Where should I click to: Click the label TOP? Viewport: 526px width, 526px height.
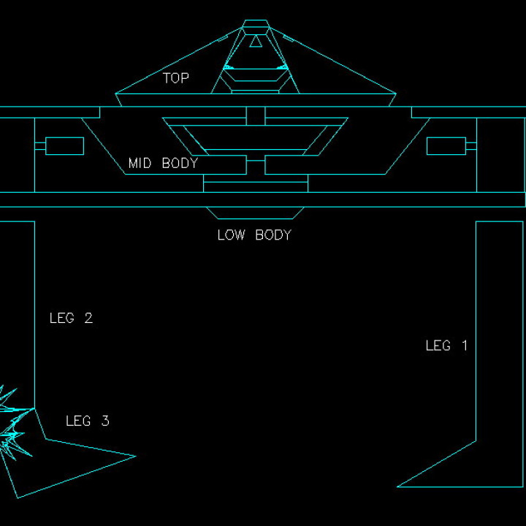click(x=175, y=78)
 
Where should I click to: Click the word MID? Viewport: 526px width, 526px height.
click(x=140, y=163)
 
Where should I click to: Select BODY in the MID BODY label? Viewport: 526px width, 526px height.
click(x=180, y=163)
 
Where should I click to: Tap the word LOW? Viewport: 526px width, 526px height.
click(x=231, y=235)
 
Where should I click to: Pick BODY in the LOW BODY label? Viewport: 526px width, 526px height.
click(x=273, y=235)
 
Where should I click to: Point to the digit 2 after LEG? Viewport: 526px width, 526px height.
click(x=88, y=318)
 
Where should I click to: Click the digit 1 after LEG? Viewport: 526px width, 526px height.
click(x=463, y=346)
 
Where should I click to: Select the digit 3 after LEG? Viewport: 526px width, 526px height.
click(x=105, y=421)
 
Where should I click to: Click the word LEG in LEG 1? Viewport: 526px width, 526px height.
click(x=438, y=346)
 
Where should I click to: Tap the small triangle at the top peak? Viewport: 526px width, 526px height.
click(x=255, y=42)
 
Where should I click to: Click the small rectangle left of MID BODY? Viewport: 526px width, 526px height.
click(x=64, y=146)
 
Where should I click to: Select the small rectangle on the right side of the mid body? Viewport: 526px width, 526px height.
click(x=446, y=146)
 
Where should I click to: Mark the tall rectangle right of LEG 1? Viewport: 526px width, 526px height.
click(x=500, y=329)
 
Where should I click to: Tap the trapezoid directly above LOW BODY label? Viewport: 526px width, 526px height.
click(x=255, y=213)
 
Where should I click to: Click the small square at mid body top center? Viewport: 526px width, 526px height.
click(x=255, y=115)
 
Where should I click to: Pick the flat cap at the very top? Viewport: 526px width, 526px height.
click(x=255, y=24)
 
